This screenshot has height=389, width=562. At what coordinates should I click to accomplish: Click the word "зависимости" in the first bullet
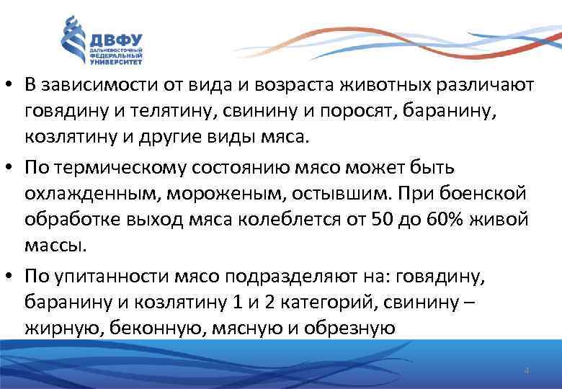click(x=92, y=84)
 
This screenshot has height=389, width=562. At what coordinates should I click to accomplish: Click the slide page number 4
click(x=527, y=370)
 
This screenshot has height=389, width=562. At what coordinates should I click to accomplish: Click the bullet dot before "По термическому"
click(x=10, y=168)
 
